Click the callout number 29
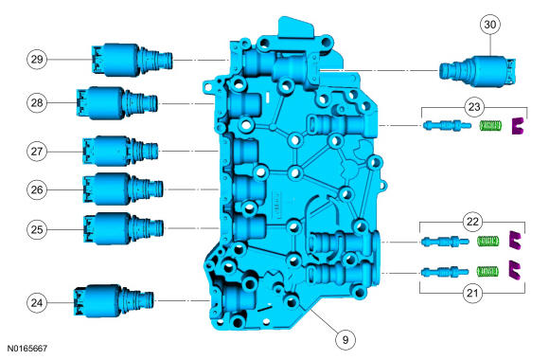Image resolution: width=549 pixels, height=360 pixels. [36, 59]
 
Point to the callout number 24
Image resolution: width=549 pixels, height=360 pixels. [36, 303]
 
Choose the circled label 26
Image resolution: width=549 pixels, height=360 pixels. [36, 189]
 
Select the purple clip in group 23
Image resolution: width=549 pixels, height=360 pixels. [517, 125]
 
